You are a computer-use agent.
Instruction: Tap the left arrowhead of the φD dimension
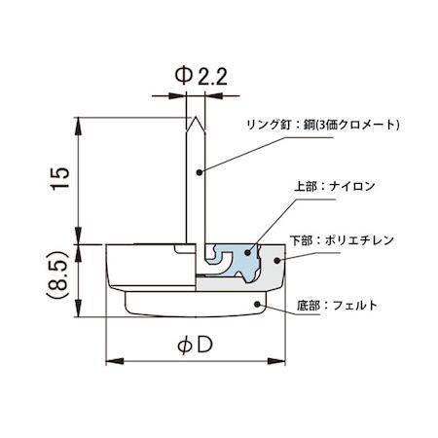tap(109, 359)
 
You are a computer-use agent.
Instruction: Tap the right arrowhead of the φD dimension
tap(283, 359)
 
